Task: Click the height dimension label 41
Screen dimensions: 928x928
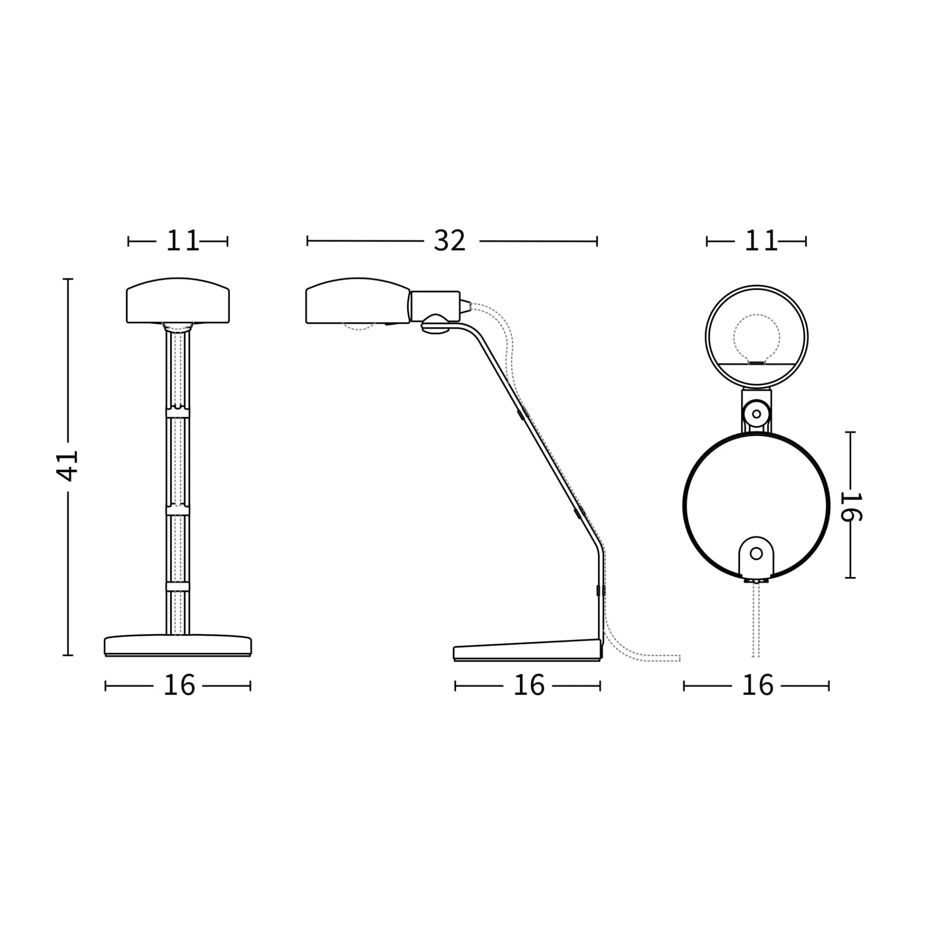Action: pos(67,466)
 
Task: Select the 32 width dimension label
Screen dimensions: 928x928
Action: pos(450,241)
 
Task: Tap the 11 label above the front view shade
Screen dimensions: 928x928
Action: pos(182,241)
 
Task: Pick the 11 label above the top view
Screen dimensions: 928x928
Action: pos(760,241)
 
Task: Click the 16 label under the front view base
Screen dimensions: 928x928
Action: pos(179,685)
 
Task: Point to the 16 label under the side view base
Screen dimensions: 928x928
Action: pos(529,685)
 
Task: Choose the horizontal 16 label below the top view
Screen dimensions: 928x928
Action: pos(758,685)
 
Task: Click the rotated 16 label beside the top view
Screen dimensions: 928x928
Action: pos(851,507)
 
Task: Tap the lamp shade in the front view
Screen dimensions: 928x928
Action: pos(178,300)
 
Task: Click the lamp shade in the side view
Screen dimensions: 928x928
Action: pos(358,300)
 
